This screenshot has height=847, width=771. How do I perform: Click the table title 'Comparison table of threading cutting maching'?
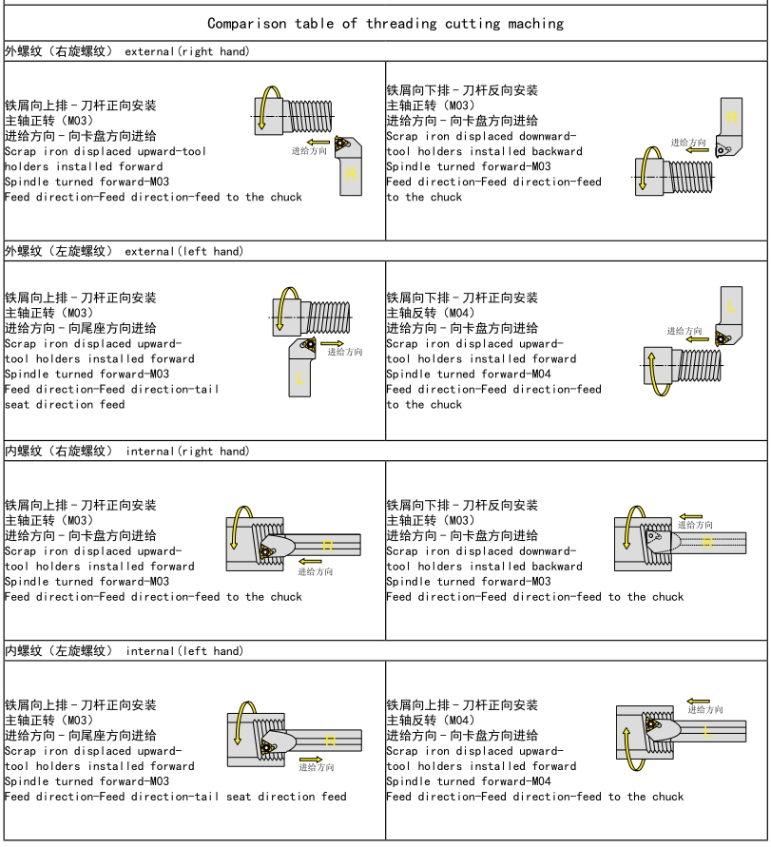385,23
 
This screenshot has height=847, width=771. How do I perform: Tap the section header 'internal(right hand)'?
185,452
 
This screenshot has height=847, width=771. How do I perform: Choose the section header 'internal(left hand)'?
183,651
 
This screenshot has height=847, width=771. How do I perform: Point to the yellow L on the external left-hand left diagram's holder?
300,378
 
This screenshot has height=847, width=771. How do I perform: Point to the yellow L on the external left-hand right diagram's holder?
731,307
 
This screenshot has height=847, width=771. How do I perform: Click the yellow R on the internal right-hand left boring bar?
328,546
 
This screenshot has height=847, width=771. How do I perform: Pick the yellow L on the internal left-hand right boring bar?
708,731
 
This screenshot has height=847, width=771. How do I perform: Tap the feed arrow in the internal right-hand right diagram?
690,517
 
